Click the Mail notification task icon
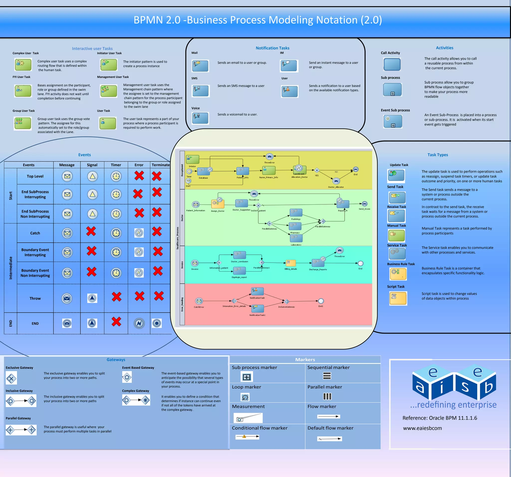point(200,66)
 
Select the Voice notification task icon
point(200,118)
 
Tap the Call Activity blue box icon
point(392,64)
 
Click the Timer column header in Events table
point(116,165)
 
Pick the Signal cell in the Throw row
point(92,298)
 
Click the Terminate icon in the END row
point(156,323)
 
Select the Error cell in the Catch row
point(139,233)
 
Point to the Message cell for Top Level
point(67,176)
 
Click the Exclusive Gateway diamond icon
point(11,378)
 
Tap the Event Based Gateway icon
point(127,377)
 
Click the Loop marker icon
point(245,397)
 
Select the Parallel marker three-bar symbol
point(327,397)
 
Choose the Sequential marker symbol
point(327,376)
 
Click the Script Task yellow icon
point(398,298)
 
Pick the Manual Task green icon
point(396,235)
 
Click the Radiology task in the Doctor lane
point(296,213)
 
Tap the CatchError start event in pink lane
point(199,301)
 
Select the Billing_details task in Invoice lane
point(291,263)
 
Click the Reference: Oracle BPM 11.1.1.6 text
point(440,418)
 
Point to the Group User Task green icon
point(23,123)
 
